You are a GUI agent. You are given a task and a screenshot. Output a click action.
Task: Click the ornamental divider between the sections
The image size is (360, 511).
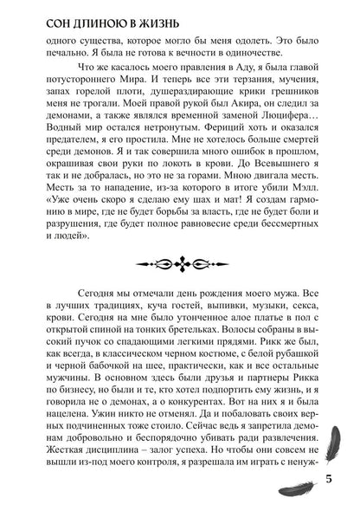[x=180, y=262]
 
